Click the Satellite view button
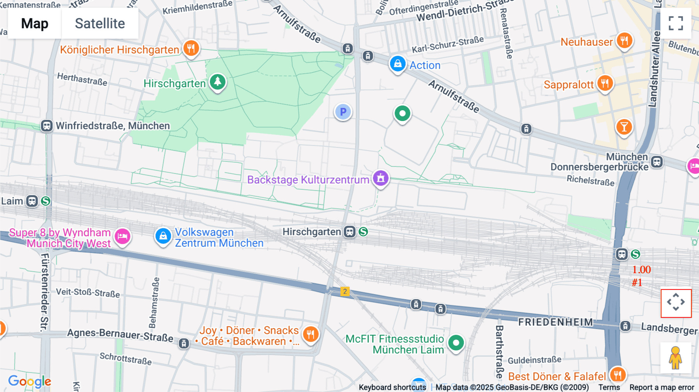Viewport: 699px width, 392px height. click(100, 23)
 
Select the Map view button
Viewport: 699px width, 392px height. click(35, 23)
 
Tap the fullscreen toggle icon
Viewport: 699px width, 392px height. click(676, 23)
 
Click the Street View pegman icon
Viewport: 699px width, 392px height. click(675, 357)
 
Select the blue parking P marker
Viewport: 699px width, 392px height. click(343, 112)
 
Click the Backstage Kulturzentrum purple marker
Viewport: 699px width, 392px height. click(381, 179)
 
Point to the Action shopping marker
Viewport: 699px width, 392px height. click(398, 64)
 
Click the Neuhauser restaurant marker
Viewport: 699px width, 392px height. click(624, 41)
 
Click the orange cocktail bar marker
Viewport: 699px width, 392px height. click(624, 127)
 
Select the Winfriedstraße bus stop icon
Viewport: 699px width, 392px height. click(47, 126)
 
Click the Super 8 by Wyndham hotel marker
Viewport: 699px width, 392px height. click(122, 236)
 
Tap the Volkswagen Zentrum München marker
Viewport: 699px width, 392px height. click(163, 236)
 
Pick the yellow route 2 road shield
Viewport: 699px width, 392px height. click(345, 291)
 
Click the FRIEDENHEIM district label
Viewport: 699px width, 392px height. click(555, 322)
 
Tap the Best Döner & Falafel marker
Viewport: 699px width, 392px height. click(617, 375)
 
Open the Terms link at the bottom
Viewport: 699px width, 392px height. click(609, 387)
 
